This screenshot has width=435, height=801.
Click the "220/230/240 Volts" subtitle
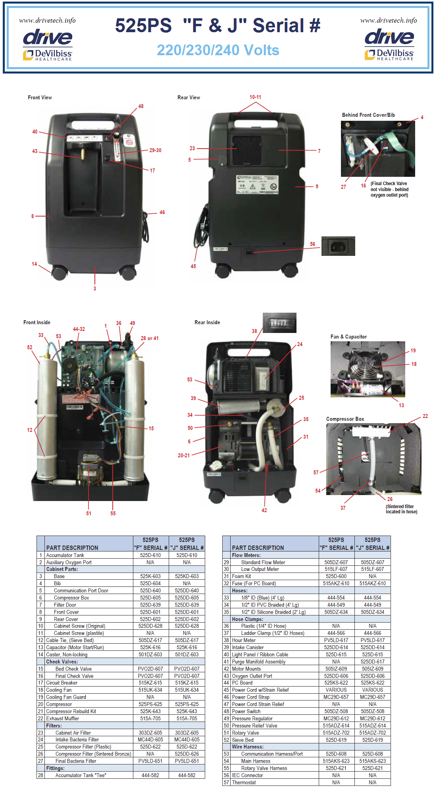(x=218, y=50)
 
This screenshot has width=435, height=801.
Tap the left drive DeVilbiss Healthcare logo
(x=48, y=44)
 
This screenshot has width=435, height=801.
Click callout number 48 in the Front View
(x=141, y=106)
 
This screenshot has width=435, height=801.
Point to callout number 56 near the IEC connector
(x=313, y=244)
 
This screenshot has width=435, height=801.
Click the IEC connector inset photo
(x=338, y=246)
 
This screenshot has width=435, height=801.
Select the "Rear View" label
(x=189, y=97)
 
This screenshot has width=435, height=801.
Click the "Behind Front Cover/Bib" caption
(x=368, y=115)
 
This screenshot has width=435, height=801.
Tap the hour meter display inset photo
(x=279, y=323)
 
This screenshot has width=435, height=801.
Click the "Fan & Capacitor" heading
(x=348, y=337)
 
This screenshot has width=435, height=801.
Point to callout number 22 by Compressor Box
(x=425, y=416)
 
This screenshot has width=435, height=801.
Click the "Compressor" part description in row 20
(x=59, y=704)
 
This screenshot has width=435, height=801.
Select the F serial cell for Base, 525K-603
(x=150, y=576)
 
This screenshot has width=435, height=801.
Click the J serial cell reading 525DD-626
(x=187, y=754)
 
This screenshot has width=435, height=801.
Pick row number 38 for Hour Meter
(x=226, y=640)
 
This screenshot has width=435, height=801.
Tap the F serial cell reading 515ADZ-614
(x=336, y=726)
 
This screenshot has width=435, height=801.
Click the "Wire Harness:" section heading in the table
(x=248, y=747)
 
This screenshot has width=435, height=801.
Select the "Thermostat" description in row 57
(x=244, y=782)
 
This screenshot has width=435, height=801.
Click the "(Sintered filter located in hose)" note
(x=401, y=509)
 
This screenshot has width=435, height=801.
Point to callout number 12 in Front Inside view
(x=30, y=430)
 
